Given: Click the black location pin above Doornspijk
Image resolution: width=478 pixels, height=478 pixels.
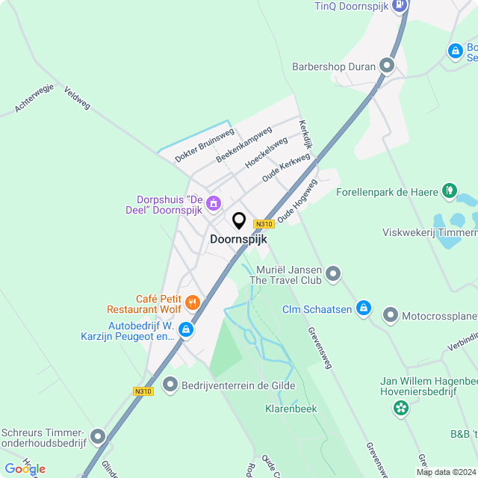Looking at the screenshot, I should pyautogui.click(x=239, y=221).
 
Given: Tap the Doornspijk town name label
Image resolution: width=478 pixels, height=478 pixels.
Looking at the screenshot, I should pyautogui.click(x=238, y=240).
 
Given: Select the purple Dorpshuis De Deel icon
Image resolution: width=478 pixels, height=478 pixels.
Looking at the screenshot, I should pyautogui.click(x=214, y=202).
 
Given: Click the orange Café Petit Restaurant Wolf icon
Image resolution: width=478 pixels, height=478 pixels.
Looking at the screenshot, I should pyautogui.click(x=192, y=302).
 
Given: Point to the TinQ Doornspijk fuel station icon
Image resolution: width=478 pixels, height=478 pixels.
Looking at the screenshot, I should pyautogui.click(x=400, y=5).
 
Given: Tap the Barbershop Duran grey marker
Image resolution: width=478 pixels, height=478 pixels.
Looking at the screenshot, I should pyautogui.click(x=387, y=66).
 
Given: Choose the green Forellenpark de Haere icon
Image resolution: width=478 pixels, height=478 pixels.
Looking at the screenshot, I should pyautogui.click(x=449, y=191).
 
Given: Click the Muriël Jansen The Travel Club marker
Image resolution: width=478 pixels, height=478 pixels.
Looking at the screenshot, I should pyautogui.click(x=333, y=273).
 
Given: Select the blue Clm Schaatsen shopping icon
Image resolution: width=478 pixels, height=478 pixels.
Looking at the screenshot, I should pyautogui.click(x=363, y=308).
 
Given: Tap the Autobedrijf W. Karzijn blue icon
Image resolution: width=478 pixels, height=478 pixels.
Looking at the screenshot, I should pyautogui.click(x=186, y=329).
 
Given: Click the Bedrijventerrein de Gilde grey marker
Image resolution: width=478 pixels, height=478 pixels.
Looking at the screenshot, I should pyautogui.click(x=170, y=385).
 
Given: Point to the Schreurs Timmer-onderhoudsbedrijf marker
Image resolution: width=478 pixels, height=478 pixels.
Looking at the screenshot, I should pyautogui.click(x=98, y=437).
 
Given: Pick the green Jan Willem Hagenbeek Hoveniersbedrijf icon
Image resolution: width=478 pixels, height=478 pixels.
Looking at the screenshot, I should pyautogui.click(x=401, y=408).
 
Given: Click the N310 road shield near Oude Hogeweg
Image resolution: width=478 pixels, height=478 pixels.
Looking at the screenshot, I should pyautogui.click(x=263, y=223).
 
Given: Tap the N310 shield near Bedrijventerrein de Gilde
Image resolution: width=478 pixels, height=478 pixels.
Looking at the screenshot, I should pyautogui.click(x=143, y=391).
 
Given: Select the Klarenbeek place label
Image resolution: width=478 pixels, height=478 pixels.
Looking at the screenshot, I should pyautogui.click(x=291, y=409).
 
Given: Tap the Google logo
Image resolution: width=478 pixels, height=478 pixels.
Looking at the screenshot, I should pyautogui.click(x=25, y=468).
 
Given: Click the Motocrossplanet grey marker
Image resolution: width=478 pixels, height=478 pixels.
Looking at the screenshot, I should pyautogui.click(x=391, y=315).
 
